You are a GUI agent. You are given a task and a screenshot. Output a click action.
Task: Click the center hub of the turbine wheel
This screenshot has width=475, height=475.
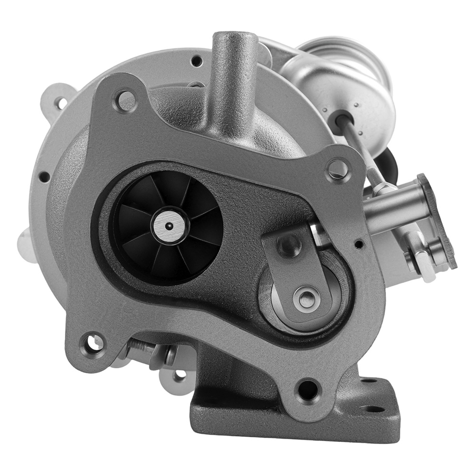(168, 227)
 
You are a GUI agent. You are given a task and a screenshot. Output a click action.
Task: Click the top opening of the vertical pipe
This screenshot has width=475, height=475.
(235, 38)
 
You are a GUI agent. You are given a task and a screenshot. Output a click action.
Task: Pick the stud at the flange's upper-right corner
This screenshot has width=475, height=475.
(338, 168)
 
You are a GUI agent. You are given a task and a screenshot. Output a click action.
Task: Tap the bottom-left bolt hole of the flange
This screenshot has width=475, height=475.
(90, 341)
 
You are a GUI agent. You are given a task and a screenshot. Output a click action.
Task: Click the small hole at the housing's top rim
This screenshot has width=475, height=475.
(195, 60)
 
